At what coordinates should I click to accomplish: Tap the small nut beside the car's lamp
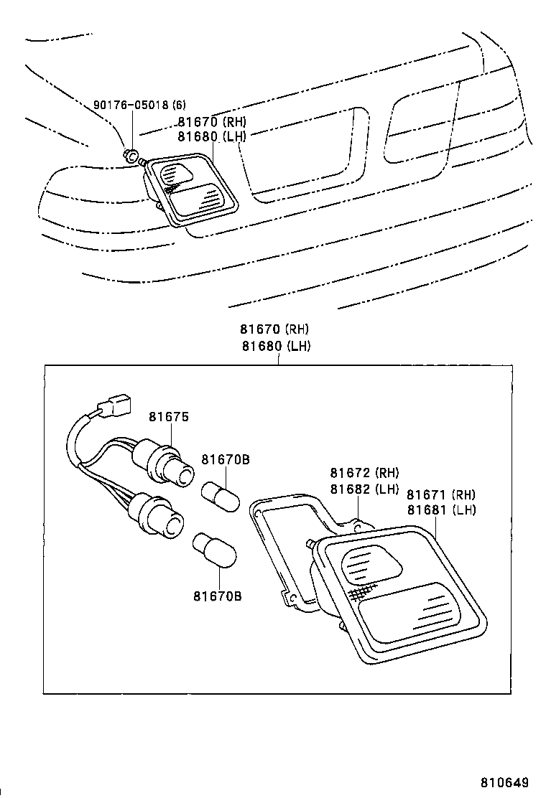click(x=131, y=155)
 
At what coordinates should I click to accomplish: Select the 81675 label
click(x=169, y=417)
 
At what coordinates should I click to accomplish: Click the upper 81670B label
click(x=225, y=459)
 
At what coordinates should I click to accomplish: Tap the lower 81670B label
click(x=217, y=596)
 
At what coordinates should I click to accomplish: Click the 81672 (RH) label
click(x=364, y=473)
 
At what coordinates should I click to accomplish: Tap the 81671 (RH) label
click(x=441, y=494)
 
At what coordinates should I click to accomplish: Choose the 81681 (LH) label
click(x=441, y=510)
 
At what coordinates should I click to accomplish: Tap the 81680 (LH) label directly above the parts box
click(x=275, y=345)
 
